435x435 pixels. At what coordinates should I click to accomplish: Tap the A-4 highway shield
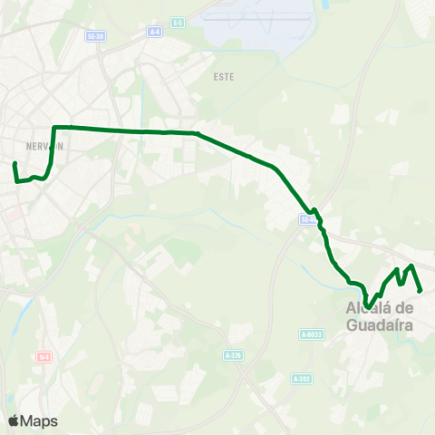[x=157, y=31]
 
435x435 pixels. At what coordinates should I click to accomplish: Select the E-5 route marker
[x=178, y=21]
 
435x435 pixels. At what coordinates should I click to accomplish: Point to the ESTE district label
[x=223, y=77]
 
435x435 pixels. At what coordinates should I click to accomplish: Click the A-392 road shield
[x=302, y=378]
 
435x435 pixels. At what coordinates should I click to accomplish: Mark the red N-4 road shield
[x=43, y=357]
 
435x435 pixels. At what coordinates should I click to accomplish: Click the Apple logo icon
[x=14, y=420]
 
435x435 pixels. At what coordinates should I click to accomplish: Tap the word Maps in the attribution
[x=39, y=420]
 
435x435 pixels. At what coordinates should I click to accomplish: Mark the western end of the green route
[x=14, y=163]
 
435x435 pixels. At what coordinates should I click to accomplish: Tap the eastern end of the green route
[x=421, y=291]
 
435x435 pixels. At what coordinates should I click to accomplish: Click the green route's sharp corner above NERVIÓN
[x=55, y=127]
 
